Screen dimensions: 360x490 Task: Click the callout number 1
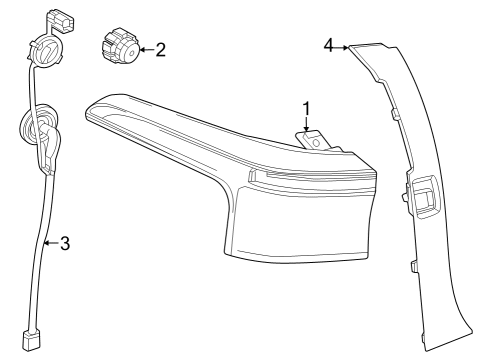point(307,108)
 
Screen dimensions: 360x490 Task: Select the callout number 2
point(160,49)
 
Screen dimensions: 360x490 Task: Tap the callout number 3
point(64,243)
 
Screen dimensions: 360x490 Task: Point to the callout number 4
point(329,45)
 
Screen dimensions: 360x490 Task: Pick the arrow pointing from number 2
point(145,49)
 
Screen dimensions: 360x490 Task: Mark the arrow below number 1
point(307,126)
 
